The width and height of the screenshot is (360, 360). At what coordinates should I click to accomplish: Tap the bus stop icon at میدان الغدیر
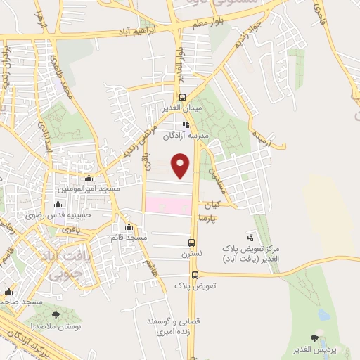pyautogui.click(x=183, y=98)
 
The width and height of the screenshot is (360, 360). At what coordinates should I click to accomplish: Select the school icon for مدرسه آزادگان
pyautogui.click(x=185, y=124)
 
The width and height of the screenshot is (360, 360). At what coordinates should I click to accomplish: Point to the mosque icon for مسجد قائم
pyautogui.click(x=128, y=227)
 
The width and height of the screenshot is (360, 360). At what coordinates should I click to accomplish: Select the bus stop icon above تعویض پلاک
pyautogui.click(x=195, y=275)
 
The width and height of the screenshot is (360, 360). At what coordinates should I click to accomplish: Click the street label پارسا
pyautogui.click(x=209, y=219)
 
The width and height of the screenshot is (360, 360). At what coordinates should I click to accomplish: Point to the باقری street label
pyautogui.click(x=70, y=229)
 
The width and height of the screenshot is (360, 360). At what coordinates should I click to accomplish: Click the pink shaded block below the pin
pyautogui.click(x=168, y=205)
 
